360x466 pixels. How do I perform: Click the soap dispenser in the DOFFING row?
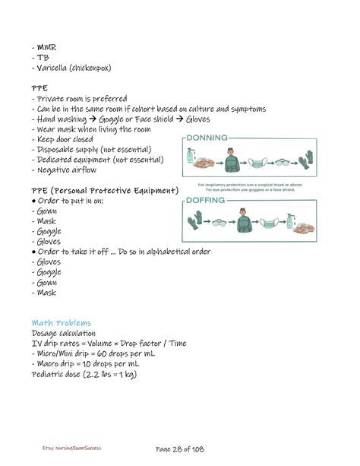(289, 221)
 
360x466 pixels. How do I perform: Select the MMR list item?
(46, 48)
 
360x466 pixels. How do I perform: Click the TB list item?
(42, 58)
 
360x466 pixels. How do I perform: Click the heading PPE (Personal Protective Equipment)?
(105, 190)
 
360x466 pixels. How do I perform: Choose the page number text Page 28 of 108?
(180, 449)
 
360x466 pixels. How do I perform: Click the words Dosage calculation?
(63, 333)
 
